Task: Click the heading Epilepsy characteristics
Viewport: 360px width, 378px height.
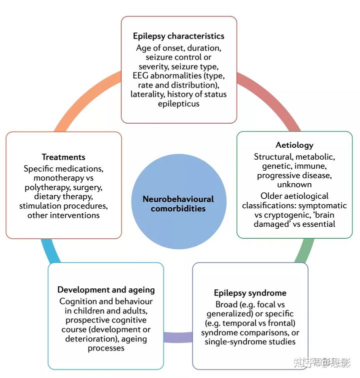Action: click(178, 36)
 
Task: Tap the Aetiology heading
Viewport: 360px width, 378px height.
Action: click(294, 145)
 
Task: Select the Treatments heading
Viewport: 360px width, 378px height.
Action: click(63, 157)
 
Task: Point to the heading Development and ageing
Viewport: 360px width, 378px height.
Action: click(106, 290)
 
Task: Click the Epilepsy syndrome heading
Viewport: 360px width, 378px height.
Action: click(250, 293)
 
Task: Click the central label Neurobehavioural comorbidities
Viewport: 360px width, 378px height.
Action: click(178, 204)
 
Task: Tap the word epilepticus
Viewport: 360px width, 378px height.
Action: click(179, 104)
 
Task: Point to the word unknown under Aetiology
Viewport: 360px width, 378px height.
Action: click(294, 184)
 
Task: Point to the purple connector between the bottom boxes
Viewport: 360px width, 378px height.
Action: click(178, 336)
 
